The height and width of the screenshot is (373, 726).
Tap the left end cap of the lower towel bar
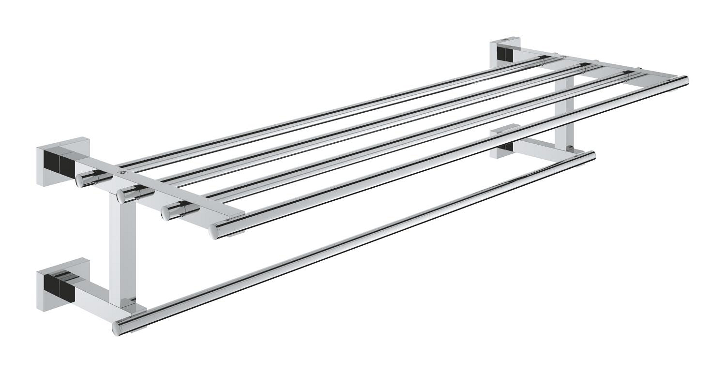tap(117, 328)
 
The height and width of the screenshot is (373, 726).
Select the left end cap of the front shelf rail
tap(214, 231)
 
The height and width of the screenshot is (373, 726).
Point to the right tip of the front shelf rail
tap(685, 80)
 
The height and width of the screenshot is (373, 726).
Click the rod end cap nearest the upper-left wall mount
tap(80, 180)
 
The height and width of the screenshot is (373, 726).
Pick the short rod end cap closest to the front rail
tap(166, 212)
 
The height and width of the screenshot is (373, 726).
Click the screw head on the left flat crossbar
tap(119, 170)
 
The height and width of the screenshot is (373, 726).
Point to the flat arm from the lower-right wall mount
tap(537, 144)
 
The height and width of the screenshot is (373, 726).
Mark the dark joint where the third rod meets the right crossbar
tap(628, 74)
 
